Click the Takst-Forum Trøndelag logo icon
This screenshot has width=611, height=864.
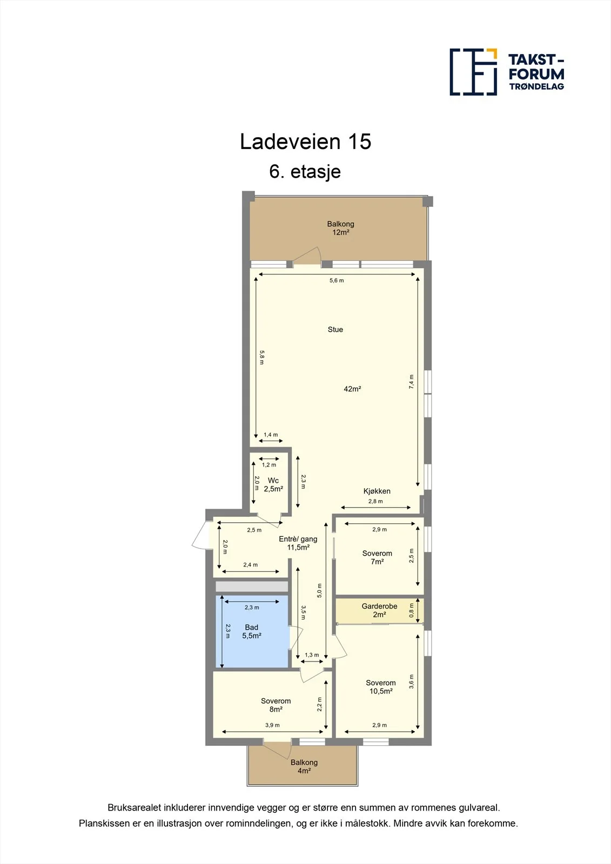click(473, 72)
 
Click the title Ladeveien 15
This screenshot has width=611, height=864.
click(305, 141)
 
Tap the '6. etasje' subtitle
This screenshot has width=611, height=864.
click(305, 172)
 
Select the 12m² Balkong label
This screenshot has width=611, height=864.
click(340, 228)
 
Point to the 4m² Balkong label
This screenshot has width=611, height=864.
click(304, 766)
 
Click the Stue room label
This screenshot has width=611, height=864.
click(335, 329)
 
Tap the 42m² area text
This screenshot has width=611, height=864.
click(352, 389)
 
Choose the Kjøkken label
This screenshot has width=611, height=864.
click(377, 491)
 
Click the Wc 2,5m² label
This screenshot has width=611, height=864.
click(273, 484)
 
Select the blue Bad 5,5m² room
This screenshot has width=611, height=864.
click(252, 631)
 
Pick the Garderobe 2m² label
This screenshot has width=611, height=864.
click(379, 610)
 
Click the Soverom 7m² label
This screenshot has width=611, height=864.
click(377, 557)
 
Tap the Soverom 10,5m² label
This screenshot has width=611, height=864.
click(380, 687)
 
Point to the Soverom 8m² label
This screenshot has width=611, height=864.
click(276, 705)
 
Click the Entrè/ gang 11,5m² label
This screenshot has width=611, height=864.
click(298, 543)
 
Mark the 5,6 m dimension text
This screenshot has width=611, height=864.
click(337, 280)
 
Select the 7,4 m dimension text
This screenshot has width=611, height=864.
click(412, 381)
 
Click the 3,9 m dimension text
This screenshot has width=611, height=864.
click(272, 725)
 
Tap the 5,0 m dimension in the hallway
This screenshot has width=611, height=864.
click(319, 591)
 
